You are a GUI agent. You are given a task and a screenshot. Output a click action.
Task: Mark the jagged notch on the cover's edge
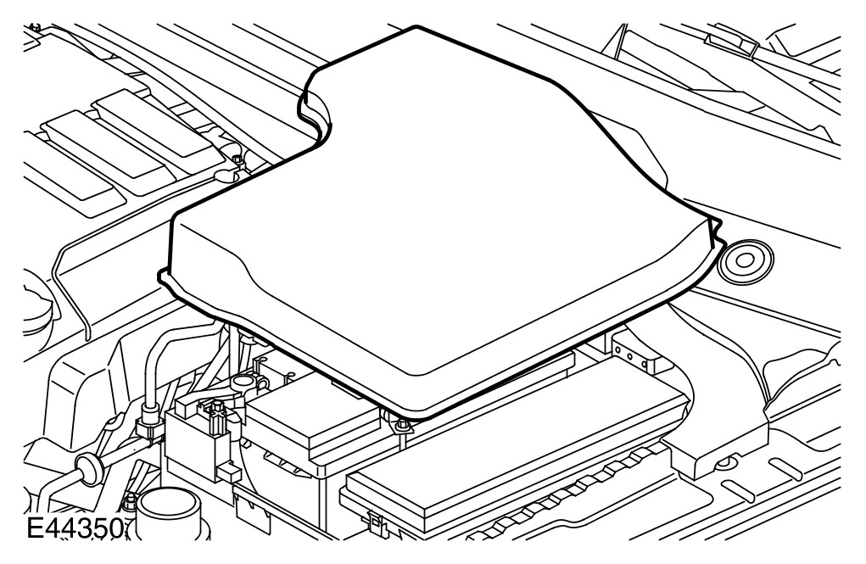pyautogui.click(x=717, y=238)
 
